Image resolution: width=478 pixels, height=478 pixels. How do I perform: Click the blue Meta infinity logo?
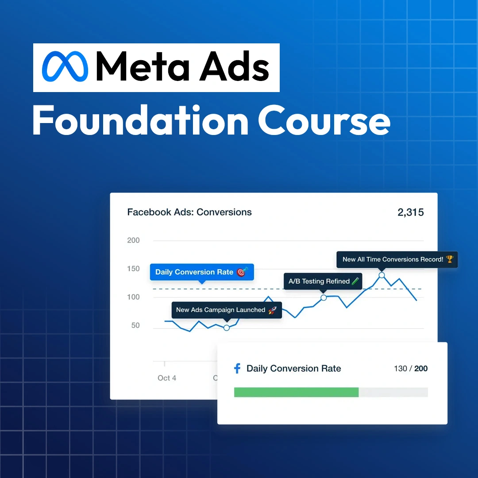tap(65, 66)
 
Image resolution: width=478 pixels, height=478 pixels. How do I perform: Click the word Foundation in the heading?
tap(141, 120)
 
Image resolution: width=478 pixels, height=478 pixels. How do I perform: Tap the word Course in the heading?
tap(324, 120)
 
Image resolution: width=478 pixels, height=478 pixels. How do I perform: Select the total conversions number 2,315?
tap(410, 212)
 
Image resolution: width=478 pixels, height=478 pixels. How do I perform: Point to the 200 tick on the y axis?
tap(133, 240)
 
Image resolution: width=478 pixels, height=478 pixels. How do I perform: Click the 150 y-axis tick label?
tap(133, 269)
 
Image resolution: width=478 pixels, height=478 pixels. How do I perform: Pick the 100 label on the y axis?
tap(133, 297)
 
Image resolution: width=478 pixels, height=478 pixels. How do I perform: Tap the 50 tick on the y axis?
tap(135, 325)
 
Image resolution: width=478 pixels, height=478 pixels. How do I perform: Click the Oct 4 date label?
tap(167, 378)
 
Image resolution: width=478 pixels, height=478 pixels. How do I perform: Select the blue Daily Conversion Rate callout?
tap(202, 272)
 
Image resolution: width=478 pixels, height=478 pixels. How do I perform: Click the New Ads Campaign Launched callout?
tap(227, 310)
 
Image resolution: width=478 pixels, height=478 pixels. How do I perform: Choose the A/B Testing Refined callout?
tap(323, 281)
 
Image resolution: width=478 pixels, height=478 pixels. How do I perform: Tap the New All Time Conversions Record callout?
tap(397, 259)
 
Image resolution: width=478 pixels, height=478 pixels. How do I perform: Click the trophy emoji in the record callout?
tap(449, 259)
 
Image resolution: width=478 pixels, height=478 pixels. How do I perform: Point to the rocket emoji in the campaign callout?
tap(272, 310)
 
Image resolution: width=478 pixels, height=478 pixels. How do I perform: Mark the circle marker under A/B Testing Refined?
tap(324, 297)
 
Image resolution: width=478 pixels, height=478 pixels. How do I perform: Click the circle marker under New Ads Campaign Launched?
tap(227, 328)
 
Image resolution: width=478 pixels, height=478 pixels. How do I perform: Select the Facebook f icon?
tap(237, 368)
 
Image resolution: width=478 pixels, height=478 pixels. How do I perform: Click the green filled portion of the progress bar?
tap(296, 392)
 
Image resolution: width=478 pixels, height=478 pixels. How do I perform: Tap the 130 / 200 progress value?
tap(411, 369)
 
